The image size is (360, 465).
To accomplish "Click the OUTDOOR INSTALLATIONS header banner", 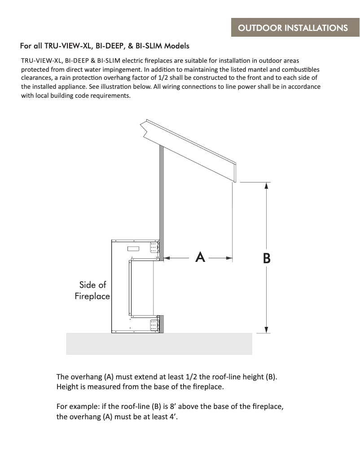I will [293, 28].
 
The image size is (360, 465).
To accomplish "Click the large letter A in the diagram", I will [200, 257].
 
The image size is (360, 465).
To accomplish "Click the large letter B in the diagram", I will [266, 258].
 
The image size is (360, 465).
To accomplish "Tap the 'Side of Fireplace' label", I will [92, 290].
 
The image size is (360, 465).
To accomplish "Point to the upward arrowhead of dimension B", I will [267, 186].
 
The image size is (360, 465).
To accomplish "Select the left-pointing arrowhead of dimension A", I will [167, 258].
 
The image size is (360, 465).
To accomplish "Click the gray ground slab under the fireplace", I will [159, 343].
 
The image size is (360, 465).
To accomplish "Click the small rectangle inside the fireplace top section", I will [133, 248].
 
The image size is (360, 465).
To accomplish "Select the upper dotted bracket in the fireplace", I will [154, 248].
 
